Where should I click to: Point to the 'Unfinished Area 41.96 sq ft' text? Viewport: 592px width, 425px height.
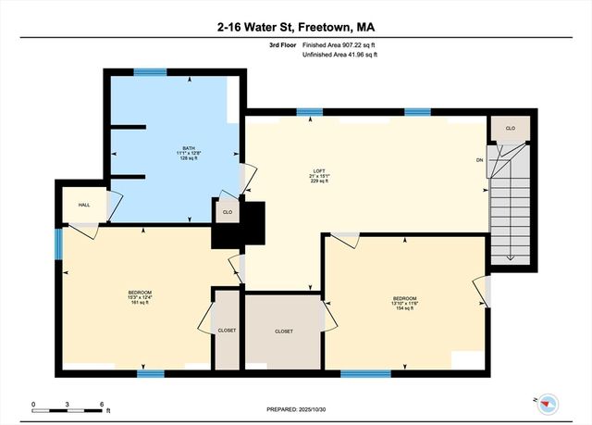pos(339,56)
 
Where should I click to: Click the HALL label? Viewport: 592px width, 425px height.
pos(83,206)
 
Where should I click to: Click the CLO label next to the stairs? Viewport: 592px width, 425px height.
pos(509,127)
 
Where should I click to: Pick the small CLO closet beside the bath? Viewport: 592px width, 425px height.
pos(228,212)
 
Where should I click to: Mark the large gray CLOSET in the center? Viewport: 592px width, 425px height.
pos(284,331)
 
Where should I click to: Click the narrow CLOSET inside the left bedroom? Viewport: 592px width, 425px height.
pos(227,331)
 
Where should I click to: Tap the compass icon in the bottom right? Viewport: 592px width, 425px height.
pos(548,401)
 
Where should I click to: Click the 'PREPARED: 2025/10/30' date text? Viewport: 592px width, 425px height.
pos(296,408)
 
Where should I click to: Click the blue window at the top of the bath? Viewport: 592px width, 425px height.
pos(150,72)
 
